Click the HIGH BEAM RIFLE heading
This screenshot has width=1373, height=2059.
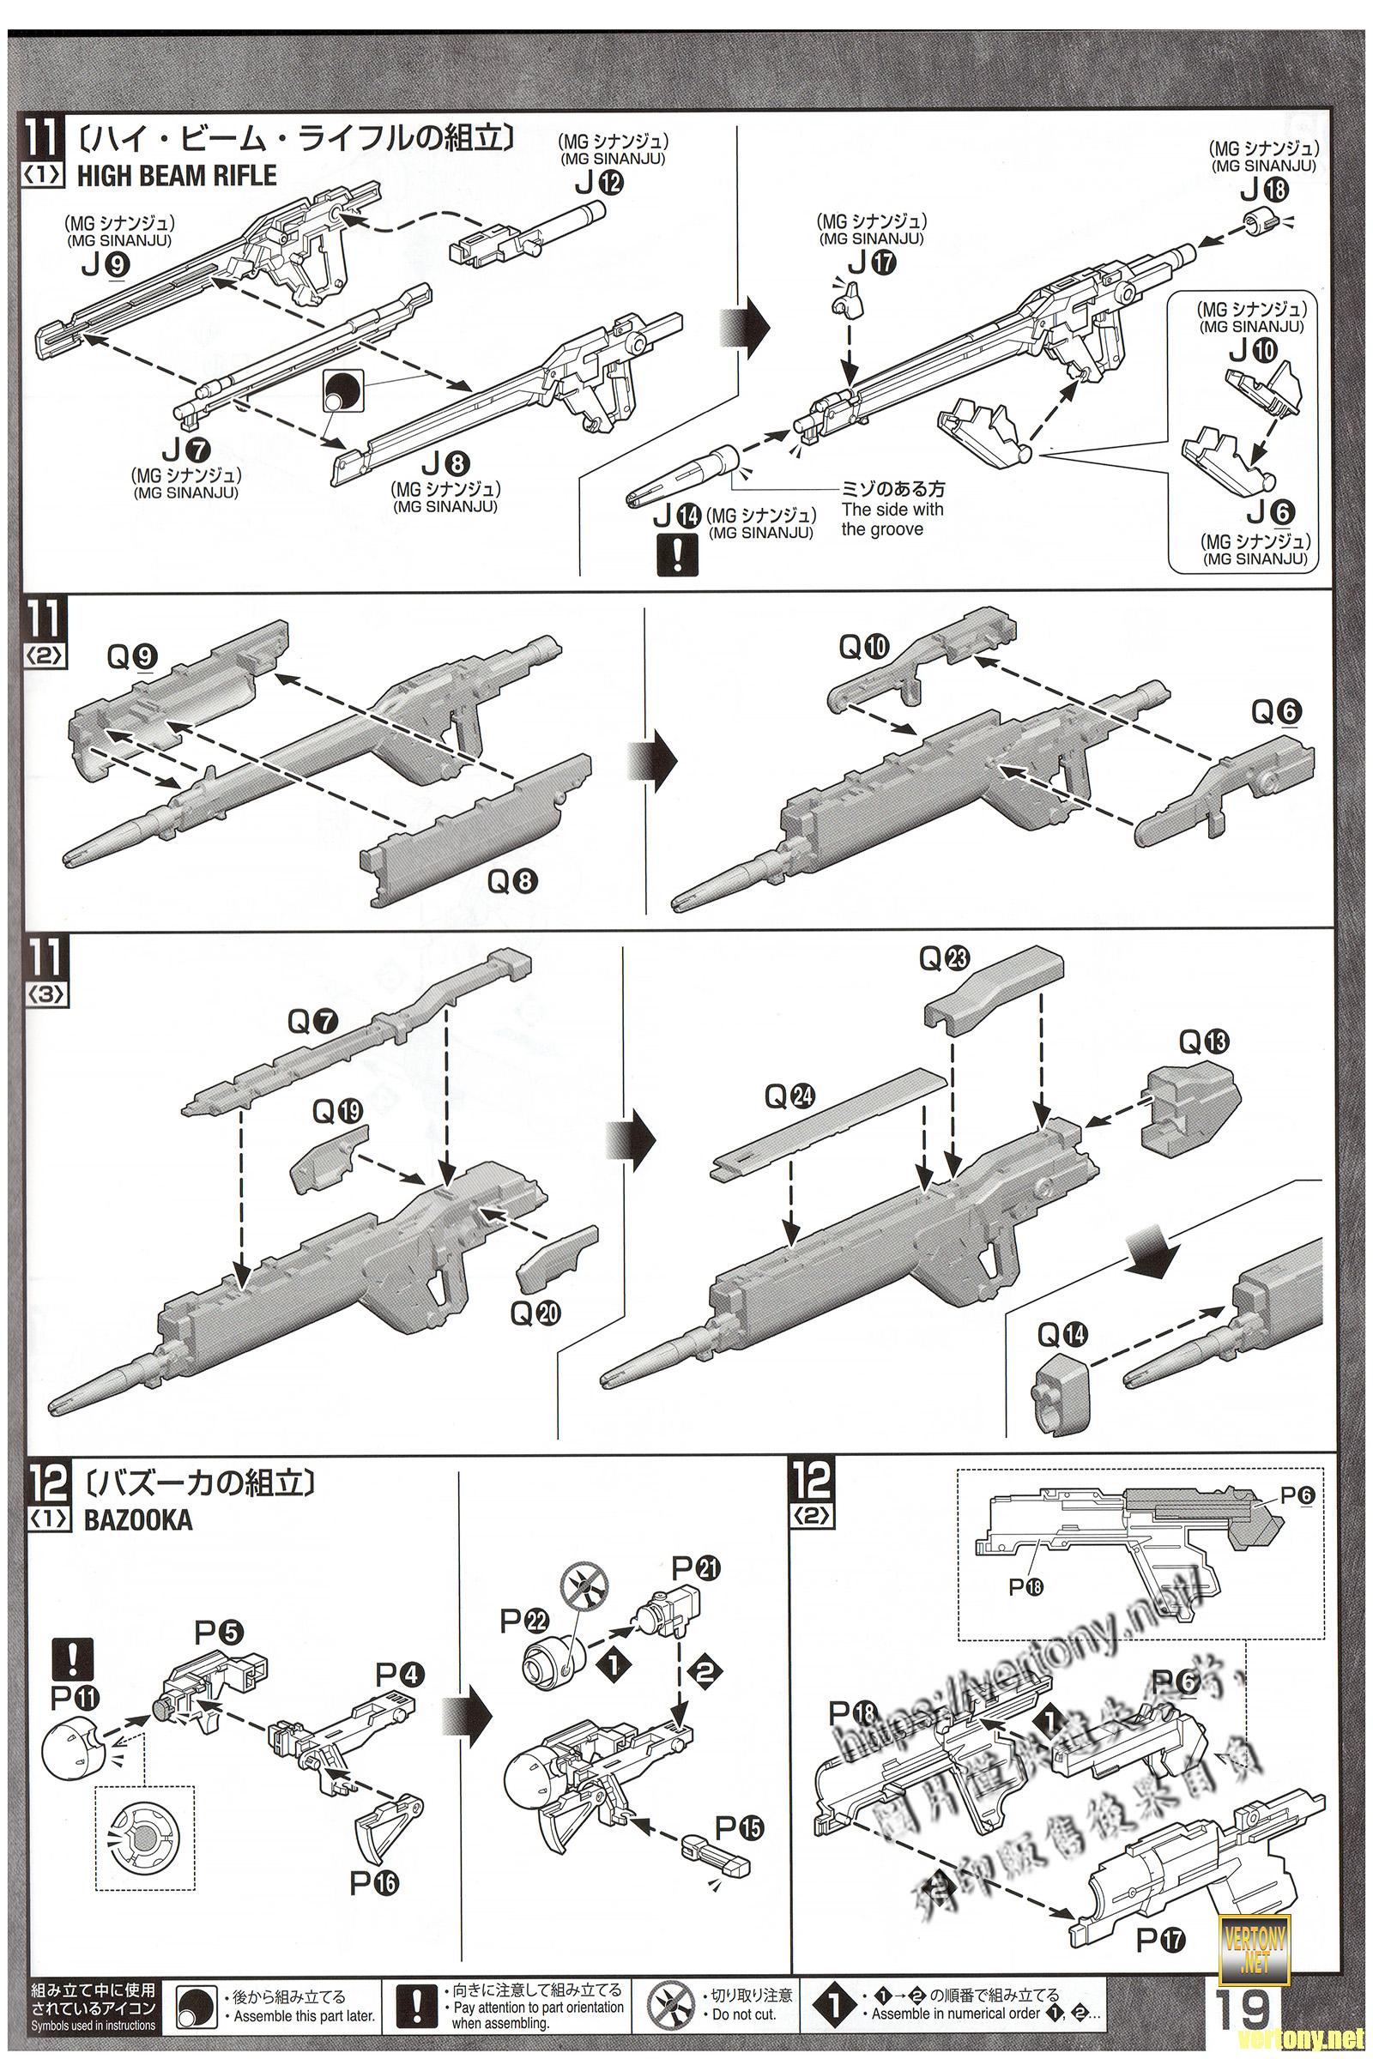176,176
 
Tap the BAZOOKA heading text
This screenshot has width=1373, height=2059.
137,1520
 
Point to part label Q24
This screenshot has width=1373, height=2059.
789,1097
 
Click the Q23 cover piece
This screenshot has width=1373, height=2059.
994,988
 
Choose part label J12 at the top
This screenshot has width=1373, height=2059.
600,183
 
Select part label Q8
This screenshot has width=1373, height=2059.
512,880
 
